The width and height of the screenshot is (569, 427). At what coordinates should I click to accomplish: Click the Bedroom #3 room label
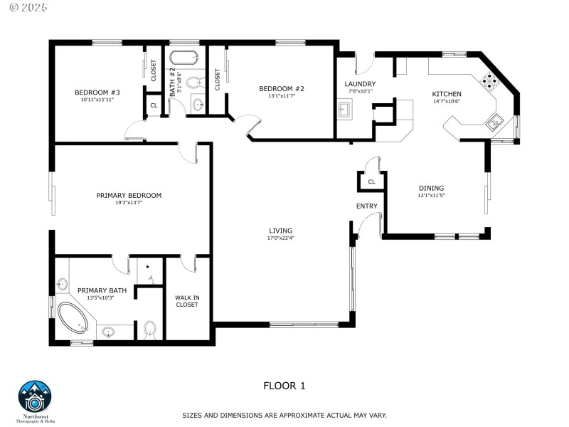pos(97,92)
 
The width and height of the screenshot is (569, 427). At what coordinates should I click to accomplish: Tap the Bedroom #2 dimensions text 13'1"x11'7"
pos(281,96)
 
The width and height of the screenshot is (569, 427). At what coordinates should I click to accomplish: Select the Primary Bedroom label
pos(129,195)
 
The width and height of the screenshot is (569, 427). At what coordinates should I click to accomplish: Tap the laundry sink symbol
pos(345,110)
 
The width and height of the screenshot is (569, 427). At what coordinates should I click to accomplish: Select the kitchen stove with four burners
pos(490,80)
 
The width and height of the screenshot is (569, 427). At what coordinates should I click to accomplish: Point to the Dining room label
pos(431,189)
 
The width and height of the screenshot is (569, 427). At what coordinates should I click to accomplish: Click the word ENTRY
pos(367,206)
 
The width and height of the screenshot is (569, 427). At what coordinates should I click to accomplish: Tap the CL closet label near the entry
pos(371,182)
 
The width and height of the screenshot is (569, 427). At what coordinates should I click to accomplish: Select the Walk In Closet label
pos(187,301)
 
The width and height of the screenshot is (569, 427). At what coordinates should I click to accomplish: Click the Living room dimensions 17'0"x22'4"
pos(280,238)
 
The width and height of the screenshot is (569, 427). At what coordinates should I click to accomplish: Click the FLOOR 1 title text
pos(284,386)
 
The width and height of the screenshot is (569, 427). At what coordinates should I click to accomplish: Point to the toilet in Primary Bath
pos(149,329)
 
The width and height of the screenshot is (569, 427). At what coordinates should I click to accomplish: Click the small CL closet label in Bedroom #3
pos(154,105)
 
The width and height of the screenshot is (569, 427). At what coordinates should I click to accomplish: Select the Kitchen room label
pos(447,94)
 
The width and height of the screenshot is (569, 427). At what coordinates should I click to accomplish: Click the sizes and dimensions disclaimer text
pos(284,415)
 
